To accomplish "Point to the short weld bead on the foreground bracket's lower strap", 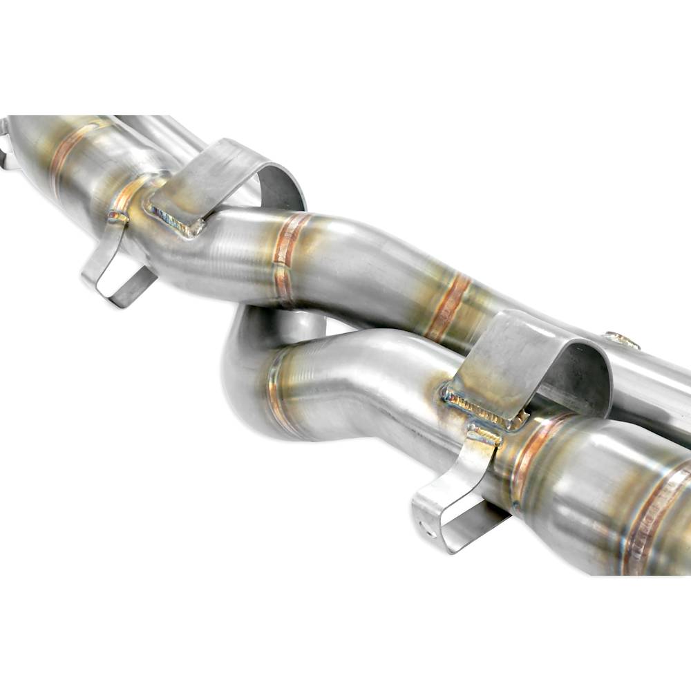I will pos(485,435).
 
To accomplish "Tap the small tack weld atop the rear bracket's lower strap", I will pos(117,218).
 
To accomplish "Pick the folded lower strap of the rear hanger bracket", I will pos(114,269).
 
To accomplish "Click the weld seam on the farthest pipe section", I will pos(69,152).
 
